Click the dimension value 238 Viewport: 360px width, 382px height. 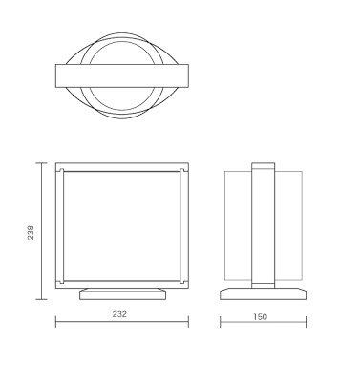[31, 233]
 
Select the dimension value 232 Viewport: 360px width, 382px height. [119, 314]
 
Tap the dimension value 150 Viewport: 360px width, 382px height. [261, 317]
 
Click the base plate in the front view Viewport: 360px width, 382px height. [123, 294]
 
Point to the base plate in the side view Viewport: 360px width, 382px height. [264, 294]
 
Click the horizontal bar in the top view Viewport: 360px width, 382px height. [122, 75]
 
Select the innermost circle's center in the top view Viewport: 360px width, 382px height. [122, 75]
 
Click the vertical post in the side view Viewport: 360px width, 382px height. [263, 226]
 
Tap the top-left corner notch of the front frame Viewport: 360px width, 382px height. [62, 170]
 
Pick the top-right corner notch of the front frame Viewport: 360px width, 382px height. [182, 170]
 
